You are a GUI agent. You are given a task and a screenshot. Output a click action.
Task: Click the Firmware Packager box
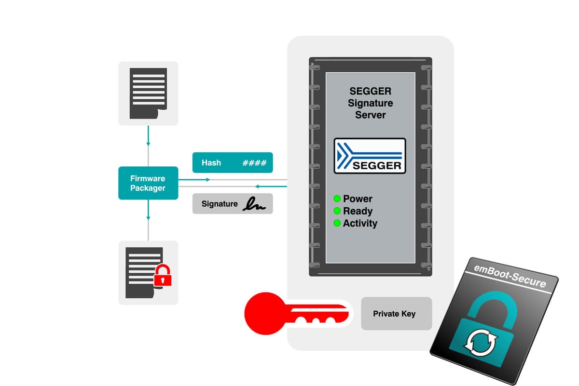pos(148,183)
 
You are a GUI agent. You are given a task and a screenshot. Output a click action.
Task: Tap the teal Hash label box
pos(233,163)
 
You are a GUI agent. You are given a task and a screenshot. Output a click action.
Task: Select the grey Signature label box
pos(233,204)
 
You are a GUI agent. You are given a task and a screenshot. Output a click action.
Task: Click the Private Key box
pos(396,314)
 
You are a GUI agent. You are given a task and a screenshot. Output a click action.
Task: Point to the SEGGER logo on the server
pos(370,156)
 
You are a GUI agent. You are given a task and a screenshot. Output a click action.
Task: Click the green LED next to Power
pos(337,199)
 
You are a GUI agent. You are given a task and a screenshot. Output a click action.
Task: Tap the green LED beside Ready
pos(337,211)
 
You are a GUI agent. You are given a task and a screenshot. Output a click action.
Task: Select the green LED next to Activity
pos(337,223)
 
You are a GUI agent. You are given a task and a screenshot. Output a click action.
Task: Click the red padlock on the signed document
pos(163,276)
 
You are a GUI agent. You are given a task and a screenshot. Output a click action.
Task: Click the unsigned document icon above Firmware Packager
pos(148,93)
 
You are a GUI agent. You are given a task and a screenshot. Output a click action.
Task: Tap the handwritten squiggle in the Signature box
pos(254,204)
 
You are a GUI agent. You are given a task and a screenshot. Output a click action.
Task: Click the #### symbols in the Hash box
pos(254,163)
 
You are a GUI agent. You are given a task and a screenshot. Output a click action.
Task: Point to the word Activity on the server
pos(360,223)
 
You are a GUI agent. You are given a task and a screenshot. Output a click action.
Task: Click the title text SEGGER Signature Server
pos(370,103)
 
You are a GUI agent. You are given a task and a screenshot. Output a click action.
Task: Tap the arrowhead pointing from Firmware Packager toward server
pos(207,179)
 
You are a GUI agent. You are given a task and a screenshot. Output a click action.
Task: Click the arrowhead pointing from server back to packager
pos(258,186)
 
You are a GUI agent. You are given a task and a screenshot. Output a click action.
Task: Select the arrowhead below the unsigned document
pos(148,143)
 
